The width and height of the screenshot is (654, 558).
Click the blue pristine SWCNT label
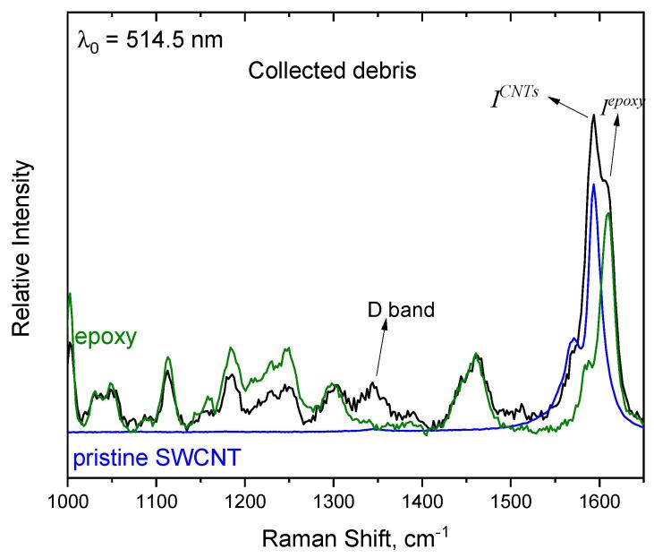(x=147, y=461)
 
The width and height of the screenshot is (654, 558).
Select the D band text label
(x=401, y=311)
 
